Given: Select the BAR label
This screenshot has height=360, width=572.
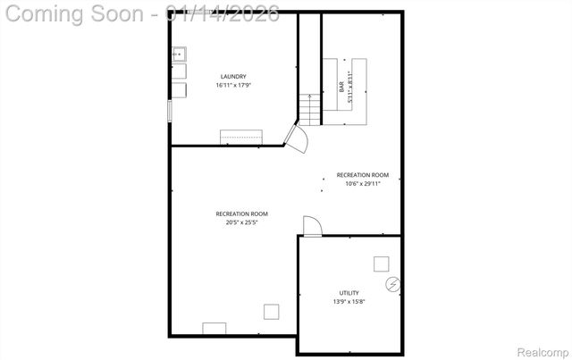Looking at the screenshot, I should pos(341,87).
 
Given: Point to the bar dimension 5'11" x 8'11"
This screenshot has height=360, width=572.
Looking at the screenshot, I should pos(349,87).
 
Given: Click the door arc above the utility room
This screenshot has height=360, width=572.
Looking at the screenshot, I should pos(311,226).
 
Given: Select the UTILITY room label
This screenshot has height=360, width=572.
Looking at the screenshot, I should pos(349,293).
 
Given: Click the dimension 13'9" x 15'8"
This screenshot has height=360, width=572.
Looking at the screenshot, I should pos(349,302).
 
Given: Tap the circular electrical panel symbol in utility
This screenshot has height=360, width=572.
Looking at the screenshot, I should pos(392,285).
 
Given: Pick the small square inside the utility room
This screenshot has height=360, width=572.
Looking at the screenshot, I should pos(382,263).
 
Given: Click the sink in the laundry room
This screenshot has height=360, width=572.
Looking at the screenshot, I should pos(179,54).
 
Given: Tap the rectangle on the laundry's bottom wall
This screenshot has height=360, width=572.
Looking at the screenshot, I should pos(241,137).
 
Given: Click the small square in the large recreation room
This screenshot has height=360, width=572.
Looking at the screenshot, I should pos(270,311).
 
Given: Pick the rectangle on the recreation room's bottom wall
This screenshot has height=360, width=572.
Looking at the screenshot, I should pos(214,328).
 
